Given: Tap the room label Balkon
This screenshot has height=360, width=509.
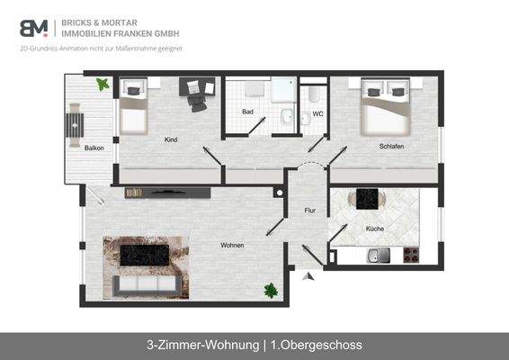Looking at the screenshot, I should pyautogui.click(x=94, y=148).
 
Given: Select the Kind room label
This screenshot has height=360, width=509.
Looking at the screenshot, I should pyautogui.click(x=170, y=139).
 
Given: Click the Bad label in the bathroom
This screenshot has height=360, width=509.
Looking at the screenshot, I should pyautogui.click(x=247, y=112).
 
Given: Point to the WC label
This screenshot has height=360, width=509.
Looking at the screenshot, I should pyautogui.click(x=317, y=114).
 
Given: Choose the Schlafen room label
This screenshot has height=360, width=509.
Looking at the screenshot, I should pyautogui.click(x=391, y=146).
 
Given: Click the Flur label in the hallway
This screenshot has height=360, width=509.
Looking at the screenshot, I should pyautogui.click(x=310, y=211).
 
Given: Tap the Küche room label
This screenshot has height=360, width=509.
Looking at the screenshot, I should pyautogui.click(x=375, y=229).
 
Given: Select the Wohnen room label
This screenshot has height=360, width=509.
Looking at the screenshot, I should pyautogui.click(x=233, y=244).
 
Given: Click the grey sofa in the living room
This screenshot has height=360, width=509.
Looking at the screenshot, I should pyautogui.click(x=140, y=284).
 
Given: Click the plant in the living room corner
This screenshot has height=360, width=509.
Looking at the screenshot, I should pyautogui.click(x=270, y=291).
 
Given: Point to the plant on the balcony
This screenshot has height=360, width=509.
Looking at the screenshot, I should pyautogui.click(x=103, y=85).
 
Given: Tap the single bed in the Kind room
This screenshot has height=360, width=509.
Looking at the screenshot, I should pyautogui.click(x=135, y=106).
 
